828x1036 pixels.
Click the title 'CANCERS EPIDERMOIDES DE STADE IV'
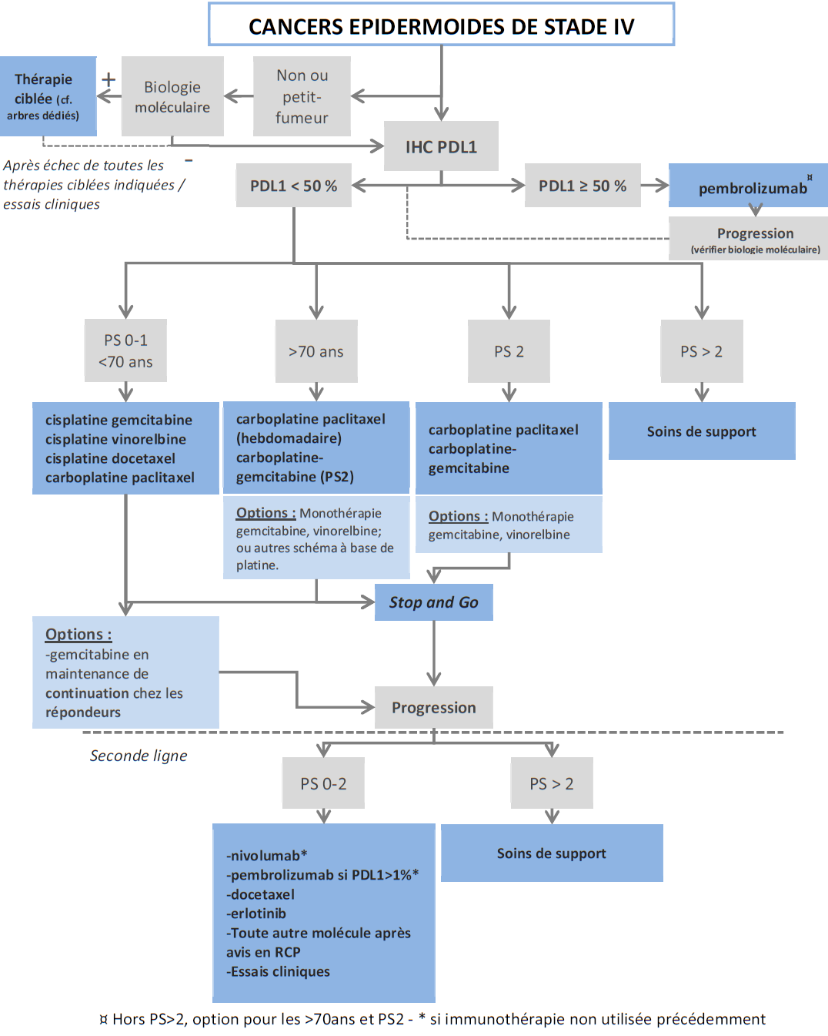pyautogui.click(x=441, y=26)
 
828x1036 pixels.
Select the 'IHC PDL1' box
pyautogui.click(x=441, y=146)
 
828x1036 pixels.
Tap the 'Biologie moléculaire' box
pyautogui.click(x=172, y=97)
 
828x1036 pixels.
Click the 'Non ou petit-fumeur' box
pyautogui.click(x=302, y=96)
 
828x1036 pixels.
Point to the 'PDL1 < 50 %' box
pyautogui.click(x=293, y=186)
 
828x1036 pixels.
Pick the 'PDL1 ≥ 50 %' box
pyautogui.click(x=583, y=186)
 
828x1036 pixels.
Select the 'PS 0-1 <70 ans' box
pyautogui.click(x=125, y=350)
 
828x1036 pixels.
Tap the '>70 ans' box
pyautogui.click(x=316, y=351)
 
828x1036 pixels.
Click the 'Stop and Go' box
pyautogui.click(x=433, y=602)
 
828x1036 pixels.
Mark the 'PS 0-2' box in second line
pyautogui.click(x=323, y=783)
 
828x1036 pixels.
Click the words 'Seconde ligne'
pyautogui.click(x=139, y=756)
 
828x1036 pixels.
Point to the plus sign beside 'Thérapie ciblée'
pyautogui.click(x=109, y=79)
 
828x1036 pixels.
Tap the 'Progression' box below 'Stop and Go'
pyautogui.click(x=433, y=707)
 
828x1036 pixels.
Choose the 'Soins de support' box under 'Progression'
pyautogui.click(x=551, y=853)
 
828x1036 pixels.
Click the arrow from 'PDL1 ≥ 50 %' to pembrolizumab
pyautogui.click(x=655, y=185)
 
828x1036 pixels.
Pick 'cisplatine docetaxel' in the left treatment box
pyautogui.click(x=110, y=458)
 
